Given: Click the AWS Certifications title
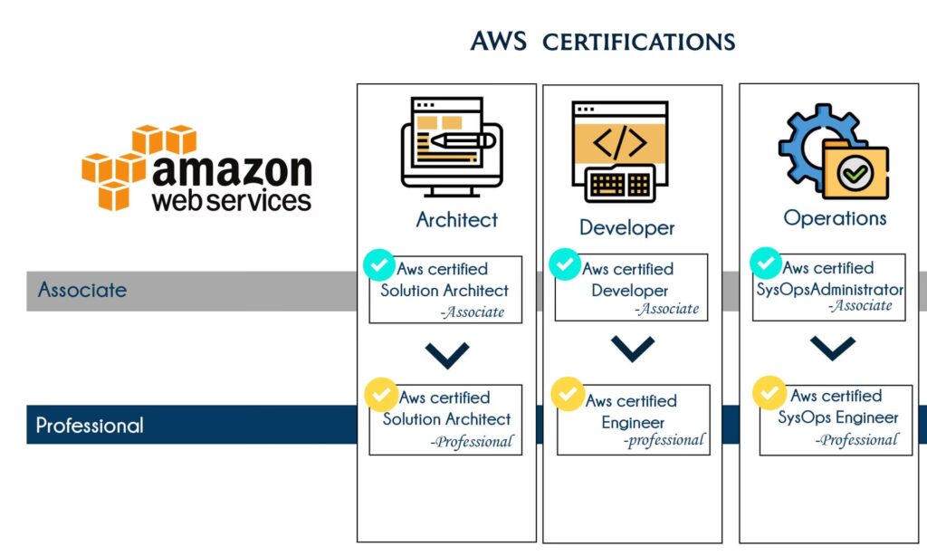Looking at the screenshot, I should [x=602, y=42].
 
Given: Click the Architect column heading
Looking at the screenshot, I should [x=456, y=219].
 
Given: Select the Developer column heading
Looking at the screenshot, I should [x=626, y=227].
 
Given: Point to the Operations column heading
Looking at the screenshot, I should [x=835, y=218].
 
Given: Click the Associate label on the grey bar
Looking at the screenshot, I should [x=82, y=291].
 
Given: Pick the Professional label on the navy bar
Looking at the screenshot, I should [x=90, y=425].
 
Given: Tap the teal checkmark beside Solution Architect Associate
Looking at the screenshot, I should [x=378, y=265].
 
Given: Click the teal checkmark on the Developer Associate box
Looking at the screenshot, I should [x=565, y=264].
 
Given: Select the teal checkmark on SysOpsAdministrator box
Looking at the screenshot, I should [x=766, y=264].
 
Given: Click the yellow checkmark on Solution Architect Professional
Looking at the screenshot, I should [x=379, y=394].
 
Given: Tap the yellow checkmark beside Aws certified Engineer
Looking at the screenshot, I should [x=567, y=395].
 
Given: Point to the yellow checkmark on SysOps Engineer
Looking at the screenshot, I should [x=769, y=393].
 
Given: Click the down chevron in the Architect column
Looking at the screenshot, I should [x=446, y=354].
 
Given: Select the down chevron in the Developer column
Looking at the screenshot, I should [x=634, y=349].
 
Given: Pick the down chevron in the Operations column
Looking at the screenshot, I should [x=833, y=347].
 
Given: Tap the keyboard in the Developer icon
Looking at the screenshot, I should [x=620, y=184].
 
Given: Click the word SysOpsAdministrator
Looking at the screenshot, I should [x=829, y=290].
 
